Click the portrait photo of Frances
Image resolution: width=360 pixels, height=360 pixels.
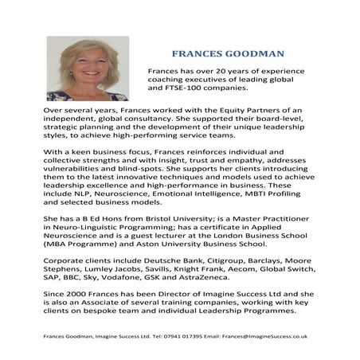pyautogui.click(x=76, y=68)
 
